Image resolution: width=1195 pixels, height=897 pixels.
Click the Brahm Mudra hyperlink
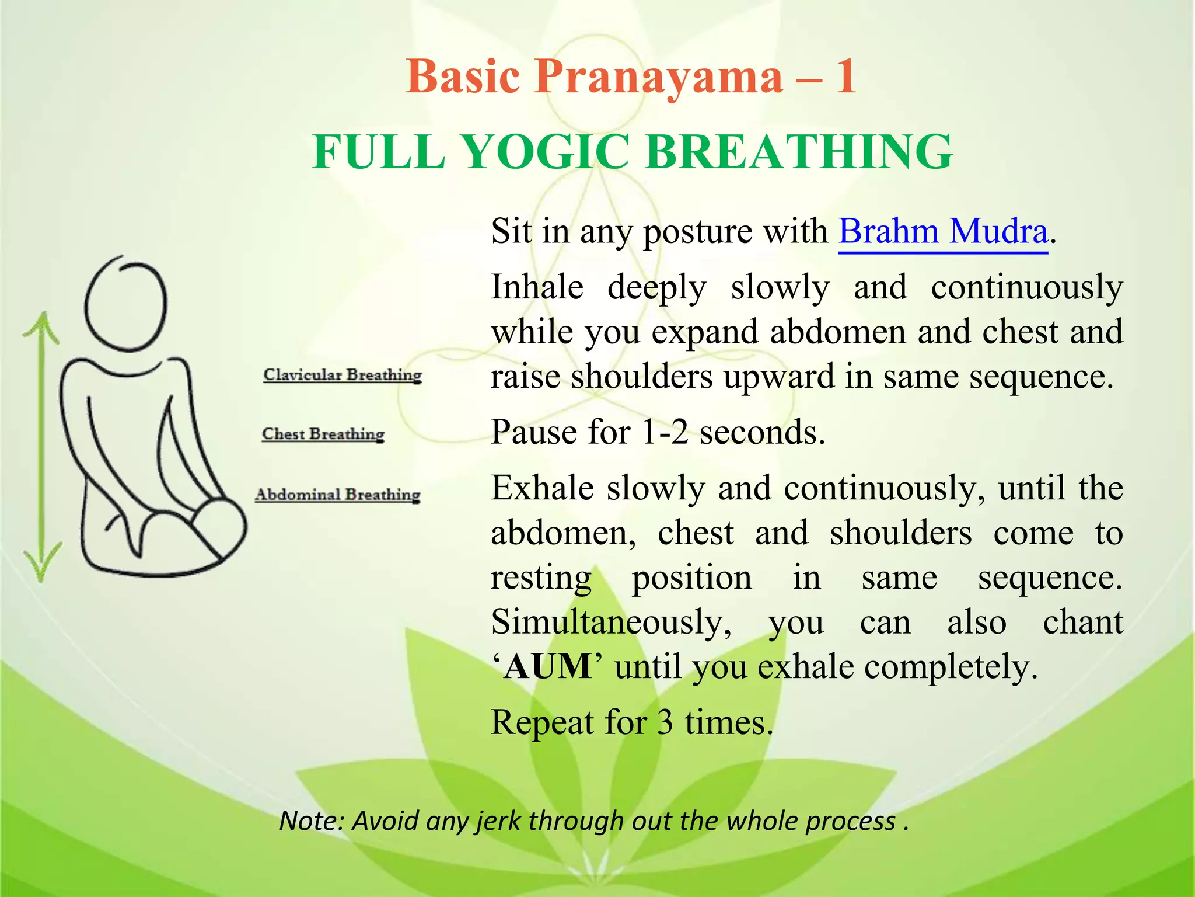coord(943,232)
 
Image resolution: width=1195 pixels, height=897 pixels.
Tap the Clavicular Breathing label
coord(343,375)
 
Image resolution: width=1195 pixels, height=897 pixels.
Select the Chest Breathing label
coord(323,434)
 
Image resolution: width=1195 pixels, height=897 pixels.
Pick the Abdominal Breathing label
coord(338,495)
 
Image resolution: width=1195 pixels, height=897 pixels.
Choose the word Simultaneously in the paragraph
coord(611,623)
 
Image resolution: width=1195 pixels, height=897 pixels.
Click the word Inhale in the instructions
coord(537,287)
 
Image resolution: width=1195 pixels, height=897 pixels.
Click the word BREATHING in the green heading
coord(799,152)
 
